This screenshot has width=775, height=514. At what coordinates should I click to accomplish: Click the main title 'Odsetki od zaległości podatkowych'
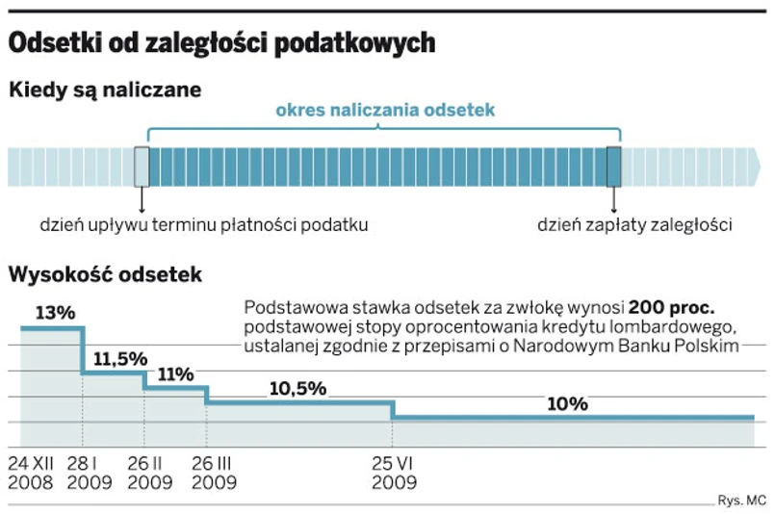(x=222, y=43)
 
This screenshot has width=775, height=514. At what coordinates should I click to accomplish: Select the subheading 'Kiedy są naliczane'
(x=105, y=90)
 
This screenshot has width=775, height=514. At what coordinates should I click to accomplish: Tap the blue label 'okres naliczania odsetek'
(x=385, y=111)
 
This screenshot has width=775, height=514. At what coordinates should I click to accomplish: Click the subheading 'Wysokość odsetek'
(x=105, y=275)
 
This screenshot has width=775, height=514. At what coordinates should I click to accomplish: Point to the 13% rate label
(x=55, y=313)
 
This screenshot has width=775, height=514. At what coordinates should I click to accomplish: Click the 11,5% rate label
(x=120, y=358)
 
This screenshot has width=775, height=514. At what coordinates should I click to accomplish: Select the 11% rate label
(x=176, y=375)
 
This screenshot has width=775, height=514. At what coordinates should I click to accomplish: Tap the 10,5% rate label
(x=297, y=389)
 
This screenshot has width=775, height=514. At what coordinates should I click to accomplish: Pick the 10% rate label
(x=567, y=404)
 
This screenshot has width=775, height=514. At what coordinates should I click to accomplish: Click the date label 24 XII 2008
(x=34, y=472)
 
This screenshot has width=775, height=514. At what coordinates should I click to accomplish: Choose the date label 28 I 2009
(x=90, y=472)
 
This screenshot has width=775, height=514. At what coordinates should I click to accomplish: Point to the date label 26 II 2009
(x=151, y=472)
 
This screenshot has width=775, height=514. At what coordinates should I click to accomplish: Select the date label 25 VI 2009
(x=394, y=472)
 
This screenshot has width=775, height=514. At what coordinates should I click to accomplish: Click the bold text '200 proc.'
(x=671, y=309)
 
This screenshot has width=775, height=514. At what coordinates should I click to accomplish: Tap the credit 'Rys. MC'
(x=741, y=500)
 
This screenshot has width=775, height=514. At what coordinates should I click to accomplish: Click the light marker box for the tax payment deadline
(x=142, y=167)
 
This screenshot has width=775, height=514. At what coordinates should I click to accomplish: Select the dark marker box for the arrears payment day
(x=614, y=167)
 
